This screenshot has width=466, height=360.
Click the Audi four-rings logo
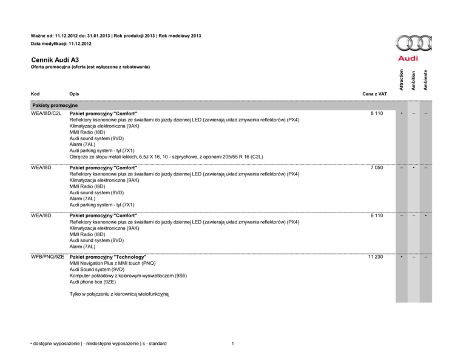tap(414, 44)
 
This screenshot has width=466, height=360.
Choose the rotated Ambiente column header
tap(425, 80)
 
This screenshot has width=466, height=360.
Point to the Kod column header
tap(34, 95)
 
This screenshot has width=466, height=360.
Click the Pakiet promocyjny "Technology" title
tap(108, 258)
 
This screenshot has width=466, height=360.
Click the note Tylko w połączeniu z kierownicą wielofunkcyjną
tap(118, 294)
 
